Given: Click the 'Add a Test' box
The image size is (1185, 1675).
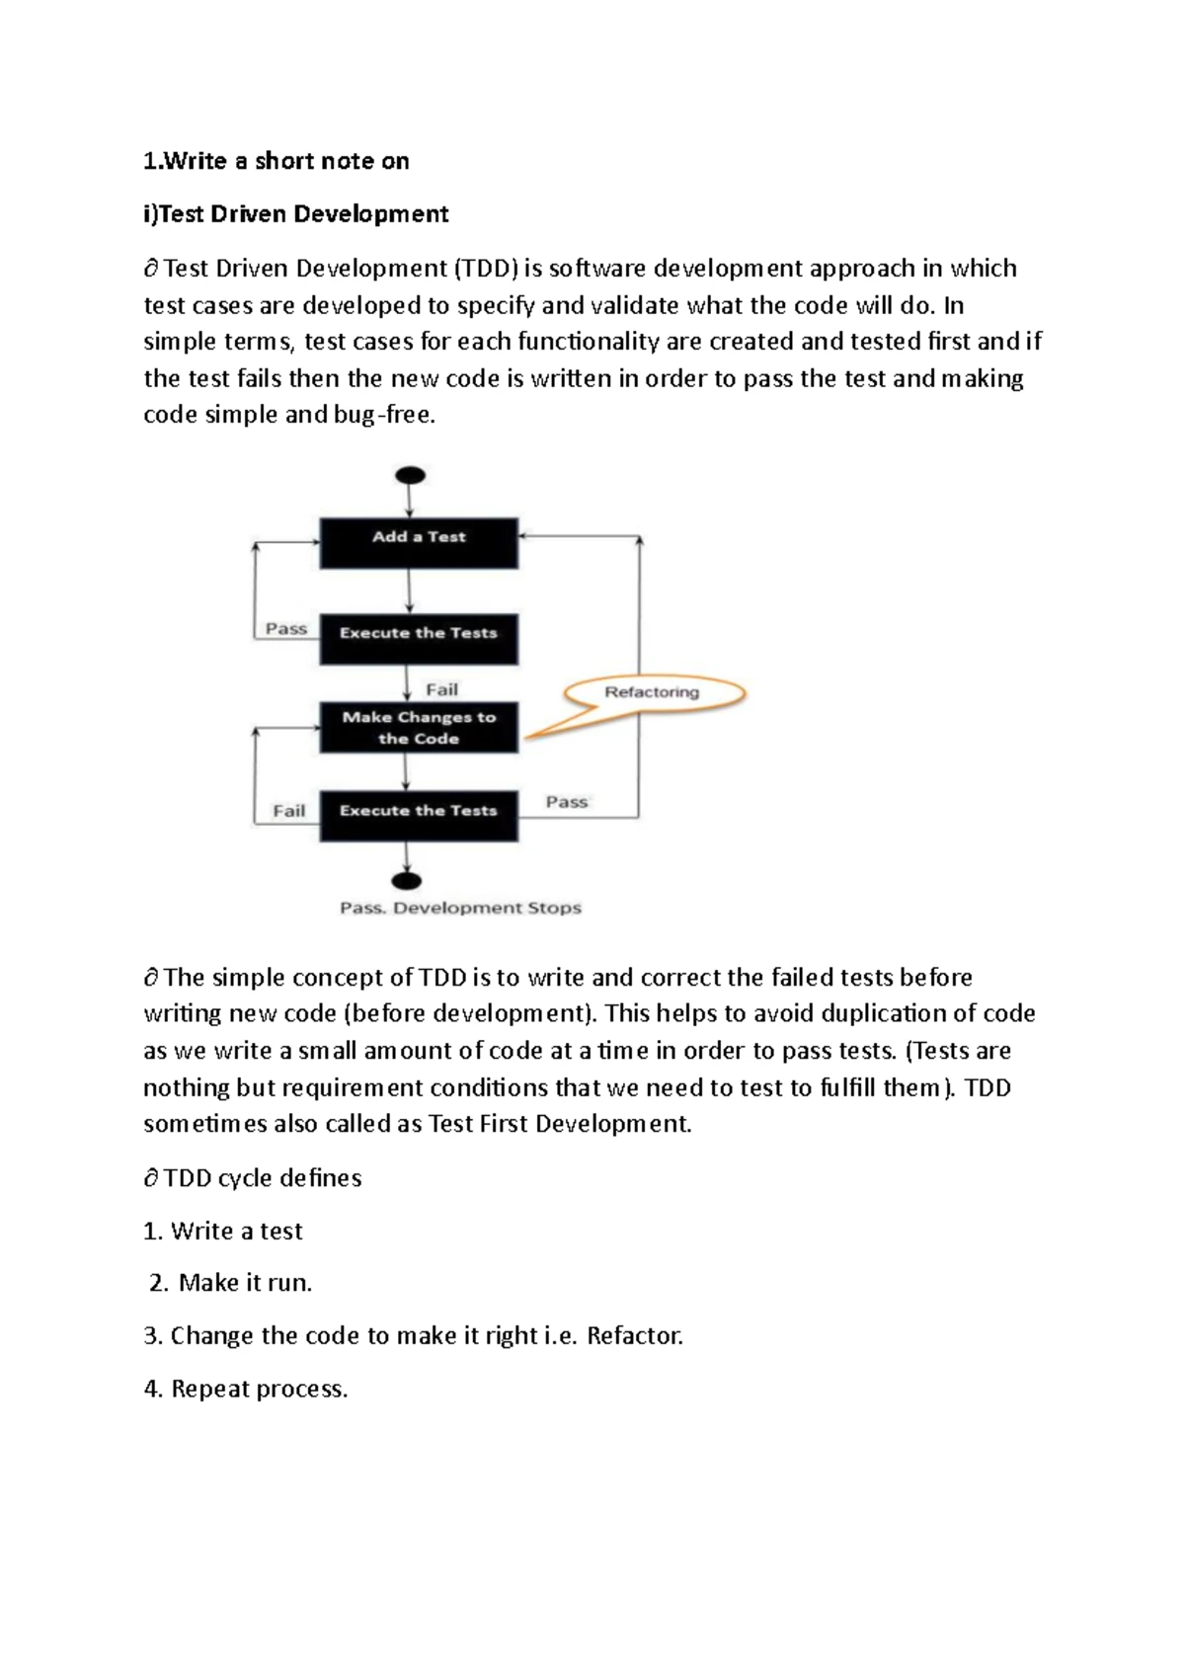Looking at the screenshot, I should (419, 542).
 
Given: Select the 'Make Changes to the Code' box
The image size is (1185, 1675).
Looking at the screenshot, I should (419, 728).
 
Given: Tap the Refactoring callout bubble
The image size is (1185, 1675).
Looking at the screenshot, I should (652, 692).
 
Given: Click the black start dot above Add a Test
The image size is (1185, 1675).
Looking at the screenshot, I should (410, 476).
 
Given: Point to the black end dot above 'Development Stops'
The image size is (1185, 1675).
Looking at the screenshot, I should (407, 881).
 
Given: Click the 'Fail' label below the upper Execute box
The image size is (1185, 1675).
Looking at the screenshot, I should (441, 689).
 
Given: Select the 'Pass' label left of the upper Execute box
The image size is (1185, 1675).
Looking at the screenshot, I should (286, 629).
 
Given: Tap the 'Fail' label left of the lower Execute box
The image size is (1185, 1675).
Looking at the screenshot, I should (289, 811).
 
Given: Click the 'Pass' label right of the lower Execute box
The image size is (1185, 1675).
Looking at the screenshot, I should (567, 802).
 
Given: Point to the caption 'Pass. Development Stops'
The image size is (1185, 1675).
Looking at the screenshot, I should (460, 908).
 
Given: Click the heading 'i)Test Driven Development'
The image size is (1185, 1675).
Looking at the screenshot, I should (296, 214).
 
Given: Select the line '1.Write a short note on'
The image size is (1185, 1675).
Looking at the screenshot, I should (276, 161).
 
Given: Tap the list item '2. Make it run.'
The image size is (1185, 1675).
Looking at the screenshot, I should (231, 1283).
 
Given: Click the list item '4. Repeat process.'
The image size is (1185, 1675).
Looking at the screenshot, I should (246, 1389).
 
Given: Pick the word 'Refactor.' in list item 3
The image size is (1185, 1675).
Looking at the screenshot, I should (635, 1336).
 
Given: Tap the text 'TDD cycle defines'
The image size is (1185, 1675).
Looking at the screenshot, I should (263, 1178).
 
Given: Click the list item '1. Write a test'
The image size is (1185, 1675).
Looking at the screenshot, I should (223, 1231).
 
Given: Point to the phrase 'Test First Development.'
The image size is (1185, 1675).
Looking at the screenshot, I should (560, 1124).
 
